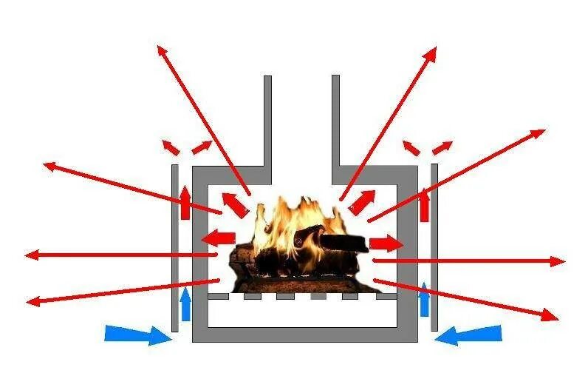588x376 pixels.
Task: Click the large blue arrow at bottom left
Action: click(x=137, y=334)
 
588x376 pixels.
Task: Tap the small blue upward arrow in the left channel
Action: click(x=185, y=304)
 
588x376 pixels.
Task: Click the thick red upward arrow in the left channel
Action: click(x=185, y=202)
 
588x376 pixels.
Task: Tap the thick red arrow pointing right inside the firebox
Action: click(x=386, y=243)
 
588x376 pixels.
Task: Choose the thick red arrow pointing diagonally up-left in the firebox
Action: click(x=235, y=204)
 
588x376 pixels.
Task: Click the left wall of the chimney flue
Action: click(x=267, y=118)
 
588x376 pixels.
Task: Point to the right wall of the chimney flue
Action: click(x=335, y=118)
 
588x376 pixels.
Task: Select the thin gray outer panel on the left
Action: click(x=175, y=248)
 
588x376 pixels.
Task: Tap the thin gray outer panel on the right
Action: click(x=434, y=248)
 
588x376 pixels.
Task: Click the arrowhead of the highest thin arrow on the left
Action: click(x=162, y=50)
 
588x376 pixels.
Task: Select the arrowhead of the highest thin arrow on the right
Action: click(x=433, y=52)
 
